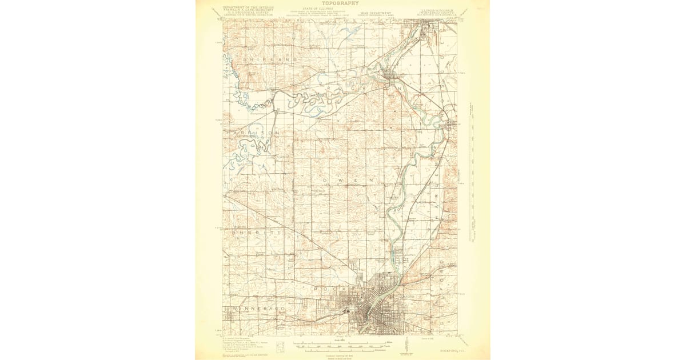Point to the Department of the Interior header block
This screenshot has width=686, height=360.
coord(248,11)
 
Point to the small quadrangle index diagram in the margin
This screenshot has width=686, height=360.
coord(280,346)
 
